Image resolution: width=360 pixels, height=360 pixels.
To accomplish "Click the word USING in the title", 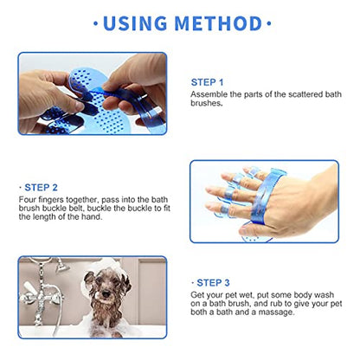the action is click(x=135, y=23).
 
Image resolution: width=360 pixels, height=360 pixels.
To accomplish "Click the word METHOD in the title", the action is click(x=218, y=23).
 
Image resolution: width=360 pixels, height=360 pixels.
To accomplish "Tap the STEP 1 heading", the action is click(x=207, y=82).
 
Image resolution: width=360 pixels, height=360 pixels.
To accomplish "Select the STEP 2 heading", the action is click(x=41, y=188).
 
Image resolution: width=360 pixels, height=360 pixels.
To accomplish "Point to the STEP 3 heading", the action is click(x=213, y=283).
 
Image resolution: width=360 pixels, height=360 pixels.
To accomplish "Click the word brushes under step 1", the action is click(x=206, y=103).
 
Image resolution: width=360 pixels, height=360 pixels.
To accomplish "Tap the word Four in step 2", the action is click(x=28, y=200).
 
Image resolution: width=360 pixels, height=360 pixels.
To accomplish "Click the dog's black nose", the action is click(x=106, y=294).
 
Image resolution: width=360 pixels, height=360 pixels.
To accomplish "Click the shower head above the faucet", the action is click(x=61, y=266).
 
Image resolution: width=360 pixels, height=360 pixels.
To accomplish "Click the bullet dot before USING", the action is click(x=96, y=23).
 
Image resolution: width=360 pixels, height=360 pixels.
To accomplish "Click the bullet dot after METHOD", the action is click(x=269, y=23).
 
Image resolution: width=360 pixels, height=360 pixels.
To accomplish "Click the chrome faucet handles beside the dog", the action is click(x=41, y=294).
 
